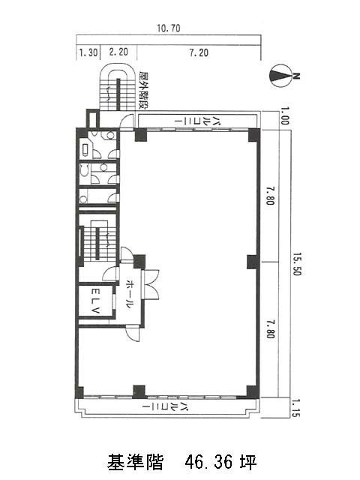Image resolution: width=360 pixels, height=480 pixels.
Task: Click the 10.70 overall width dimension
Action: (169, 28)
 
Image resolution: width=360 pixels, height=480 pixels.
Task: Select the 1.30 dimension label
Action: (88, 52)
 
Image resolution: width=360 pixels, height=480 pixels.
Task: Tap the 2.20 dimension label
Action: (118, 52)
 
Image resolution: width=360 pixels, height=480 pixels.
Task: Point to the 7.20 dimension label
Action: (199, 52)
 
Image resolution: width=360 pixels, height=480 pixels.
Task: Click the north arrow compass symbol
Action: (280, 76)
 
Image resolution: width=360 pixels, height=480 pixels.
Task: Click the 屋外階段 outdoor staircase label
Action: (143, 90)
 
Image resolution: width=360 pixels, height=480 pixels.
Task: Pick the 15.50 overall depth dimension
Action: (297, 264)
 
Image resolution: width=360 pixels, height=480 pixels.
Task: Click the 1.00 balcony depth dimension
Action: (284, 115)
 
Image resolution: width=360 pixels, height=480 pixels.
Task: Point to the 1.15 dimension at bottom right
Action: (295, 408)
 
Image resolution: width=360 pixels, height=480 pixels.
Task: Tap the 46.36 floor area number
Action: (209, 462)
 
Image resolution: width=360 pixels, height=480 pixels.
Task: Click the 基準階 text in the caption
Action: (135, 462)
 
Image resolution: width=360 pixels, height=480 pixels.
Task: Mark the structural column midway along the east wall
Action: (253, 262)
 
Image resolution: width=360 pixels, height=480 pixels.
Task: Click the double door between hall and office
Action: (151, 284)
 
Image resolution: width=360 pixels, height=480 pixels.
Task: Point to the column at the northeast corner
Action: (253, 135)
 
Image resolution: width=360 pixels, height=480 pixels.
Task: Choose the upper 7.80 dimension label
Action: (270, 196)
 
